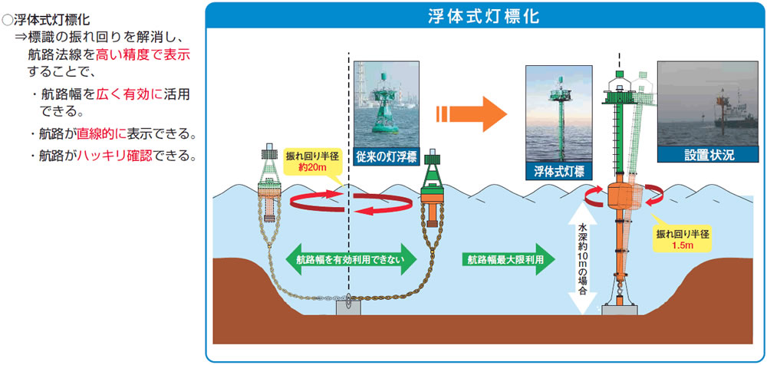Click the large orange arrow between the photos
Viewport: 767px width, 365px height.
472,115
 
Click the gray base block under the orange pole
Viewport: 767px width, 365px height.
621,309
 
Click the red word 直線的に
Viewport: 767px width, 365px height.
100,134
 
